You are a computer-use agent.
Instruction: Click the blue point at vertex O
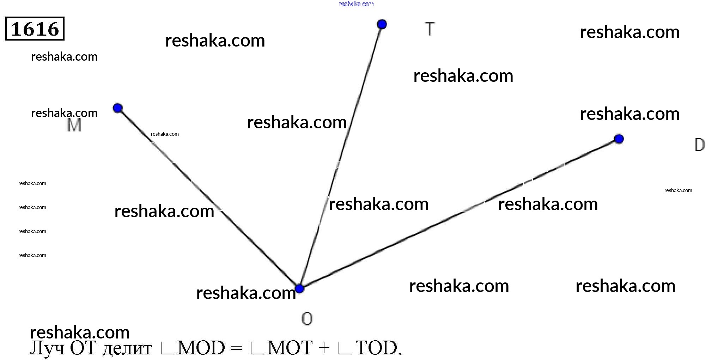[x=299, y=288]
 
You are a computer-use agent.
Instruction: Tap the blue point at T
[x=382, y=24]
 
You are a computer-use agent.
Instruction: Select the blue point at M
[x=117, y=108]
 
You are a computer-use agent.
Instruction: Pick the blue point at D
[x=619, y=139]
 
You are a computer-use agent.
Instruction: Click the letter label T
[x=430, y=29]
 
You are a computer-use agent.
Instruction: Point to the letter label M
[x=74, y=125]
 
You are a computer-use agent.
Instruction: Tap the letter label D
[x=699, y=145]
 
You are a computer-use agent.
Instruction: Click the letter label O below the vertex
[x=307, y=319]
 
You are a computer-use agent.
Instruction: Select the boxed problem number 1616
[x=35, y=29]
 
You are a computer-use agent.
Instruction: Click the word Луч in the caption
[x=47, y=348]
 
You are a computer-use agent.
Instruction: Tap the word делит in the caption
[x=127, y=349]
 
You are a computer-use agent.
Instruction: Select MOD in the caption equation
[x=201, y=348]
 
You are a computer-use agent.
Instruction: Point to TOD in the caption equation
[x=376, y=348]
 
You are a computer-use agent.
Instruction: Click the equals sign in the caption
[x=236, y=348]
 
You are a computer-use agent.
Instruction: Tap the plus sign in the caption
[x=324, y=348]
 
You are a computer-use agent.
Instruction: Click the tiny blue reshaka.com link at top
[x=356, y=4]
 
